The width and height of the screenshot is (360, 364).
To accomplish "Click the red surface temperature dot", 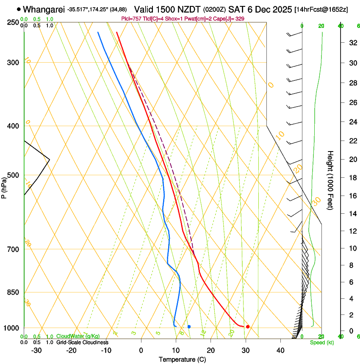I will click(x=248, y=326).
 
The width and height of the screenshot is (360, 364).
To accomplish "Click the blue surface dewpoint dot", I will click(x=189, y=326).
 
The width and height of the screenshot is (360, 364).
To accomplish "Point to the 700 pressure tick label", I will click(x=13, y=249).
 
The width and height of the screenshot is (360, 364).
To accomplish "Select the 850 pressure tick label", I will click(x=13, y=292).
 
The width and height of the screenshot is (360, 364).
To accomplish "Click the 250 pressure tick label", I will click(x=13, y=22).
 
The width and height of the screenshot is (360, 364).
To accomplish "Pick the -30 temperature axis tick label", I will click(x=36, y=350).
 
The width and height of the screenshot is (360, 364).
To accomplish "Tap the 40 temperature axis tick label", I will click(x=280, y=350).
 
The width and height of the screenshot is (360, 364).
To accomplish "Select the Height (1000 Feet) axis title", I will click(x=330, y=180).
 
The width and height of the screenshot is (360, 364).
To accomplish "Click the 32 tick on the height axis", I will click(x=352, y=43).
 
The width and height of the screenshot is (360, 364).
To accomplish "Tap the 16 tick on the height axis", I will click(x=352, y=196).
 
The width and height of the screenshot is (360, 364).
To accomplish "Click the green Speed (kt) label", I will click(x=321, y=342).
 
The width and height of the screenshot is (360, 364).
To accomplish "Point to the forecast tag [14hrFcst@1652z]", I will click(x=321, y=9).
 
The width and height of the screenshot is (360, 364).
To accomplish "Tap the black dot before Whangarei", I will click(x=19, y=9).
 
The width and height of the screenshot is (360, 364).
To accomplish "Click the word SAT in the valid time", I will click(x=236, y=9).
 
